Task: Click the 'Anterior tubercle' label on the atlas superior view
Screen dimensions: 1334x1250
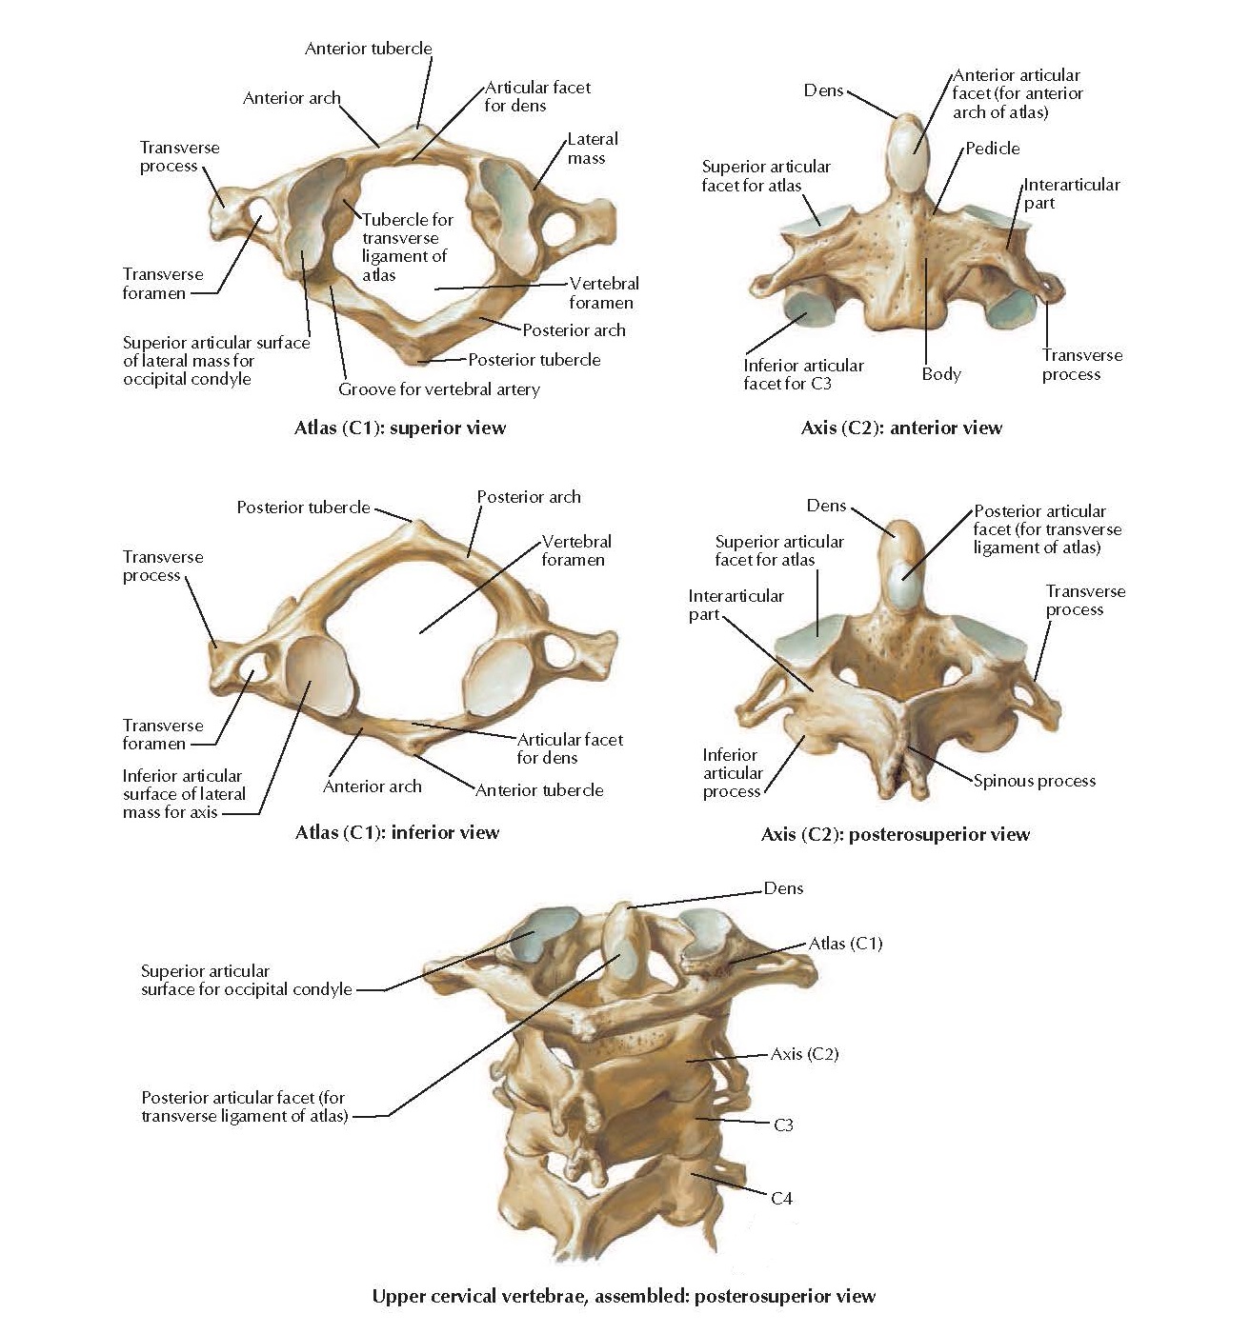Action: (x=368, y=49)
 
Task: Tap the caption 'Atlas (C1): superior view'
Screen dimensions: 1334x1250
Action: (x=400, y=428)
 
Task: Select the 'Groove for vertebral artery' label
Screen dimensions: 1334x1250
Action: (x=438, y=389)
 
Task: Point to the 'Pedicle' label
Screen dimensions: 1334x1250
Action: (x=992, y=149)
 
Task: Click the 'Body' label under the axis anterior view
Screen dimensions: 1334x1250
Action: (x=940, y=374)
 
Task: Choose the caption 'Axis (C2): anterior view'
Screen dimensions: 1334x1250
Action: (x=901, y=428)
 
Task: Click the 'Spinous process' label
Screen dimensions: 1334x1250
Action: (x=1034, y=781)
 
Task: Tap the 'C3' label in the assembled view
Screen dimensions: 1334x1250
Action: (x=782, y=1125)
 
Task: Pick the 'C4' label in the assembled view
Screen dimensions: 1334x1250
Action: (x=780, y=1198)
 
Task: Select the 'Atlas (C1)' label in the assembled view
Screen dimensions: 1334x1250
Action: (x=845, y=944)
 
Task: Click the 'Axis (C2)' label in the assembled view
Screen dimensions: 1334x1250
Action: (x=804, y=1054)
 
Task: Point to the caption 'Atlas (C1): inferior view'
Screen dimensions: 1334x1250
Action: (x=397, y=832)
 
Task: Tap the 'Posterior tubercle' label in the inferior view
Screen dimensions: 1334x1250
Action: (x=303, y=508)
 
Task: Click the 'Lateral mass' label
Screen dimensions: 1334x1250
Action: (x=592, y=149)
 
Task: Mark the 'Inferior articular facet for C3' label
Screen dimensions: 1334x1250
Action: (x=803, y=374)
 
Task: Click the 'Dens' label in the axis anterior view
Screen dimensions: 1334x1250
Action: (x=823, y=90)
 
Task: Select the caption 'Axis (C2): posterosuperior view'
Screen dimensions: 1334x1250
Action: (x=895, y=835)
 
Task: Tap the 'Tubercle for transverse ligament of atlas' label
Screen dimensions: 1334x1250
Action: (x=407, y=247)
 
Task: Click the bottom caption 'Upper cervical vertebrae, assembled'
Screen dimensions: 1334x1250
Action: (x=623, y=1296)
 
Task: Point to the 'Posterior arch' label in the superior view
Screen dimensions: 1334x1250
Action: (x=574, y=330)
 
